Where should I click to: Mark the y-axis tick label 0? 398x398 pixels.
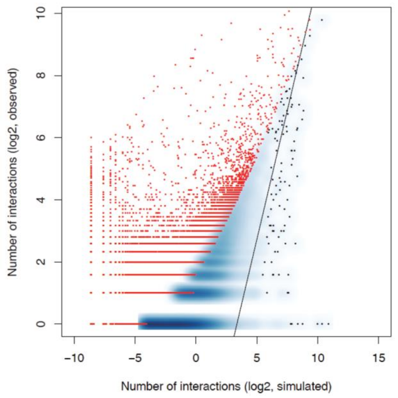[x=41, y=324]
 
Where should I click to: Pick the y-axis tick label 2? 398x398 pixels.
[x=41, y=262]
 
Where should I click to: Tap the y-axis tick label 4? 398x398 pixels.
[x=41, y=200]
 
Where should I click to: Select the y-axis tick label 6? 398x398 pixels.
[x=41, y=137]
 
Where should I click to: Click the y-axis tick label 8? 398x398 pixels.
[x=41, y=76]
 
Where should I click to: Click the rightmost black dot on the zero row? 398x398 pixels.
[x=328, y=324]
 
